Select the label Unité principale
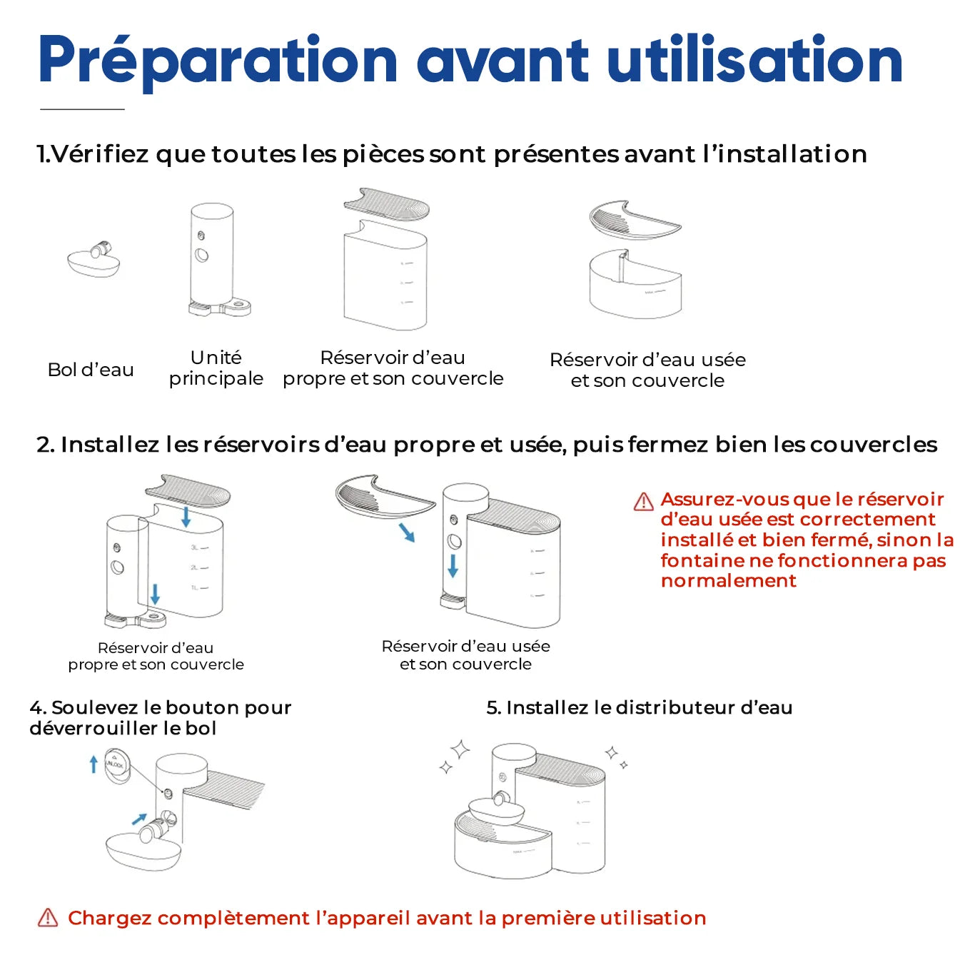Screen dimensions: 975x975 click(x=216, y=368)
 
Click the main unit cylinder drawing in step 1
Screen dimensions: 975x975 click(x=211, y=257)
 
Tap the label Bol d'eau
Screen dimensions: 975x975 click(x=91, y=370)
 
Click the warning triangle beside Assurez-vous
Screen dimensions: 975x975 click(x=644, y=502)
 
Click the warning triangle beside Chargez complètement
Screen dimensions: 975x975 click(x=48, y=918)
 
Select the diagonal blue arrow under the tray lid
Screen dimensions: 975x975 click(x=406, y=532)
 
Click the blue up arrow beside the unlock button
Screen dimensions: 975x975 click(x=94, y=765)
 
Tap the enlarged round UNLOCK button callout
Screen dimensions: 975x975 click(x=116, y=764)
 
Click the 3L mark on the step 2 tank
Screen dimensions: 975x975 click(x=194, y=548)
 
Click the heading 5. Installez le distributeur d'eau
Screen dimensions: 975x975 click(x=639, y=707)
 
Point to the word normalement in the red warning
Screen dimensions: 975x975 click(x=728, y=581)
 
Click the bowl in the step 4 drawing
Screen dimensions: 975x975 click(x=143, y=852)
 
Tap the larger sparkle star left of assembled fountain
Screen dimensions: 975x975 click(x=460, y=749)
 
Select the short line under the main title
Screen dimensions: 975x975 click(x=82, y=109)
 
